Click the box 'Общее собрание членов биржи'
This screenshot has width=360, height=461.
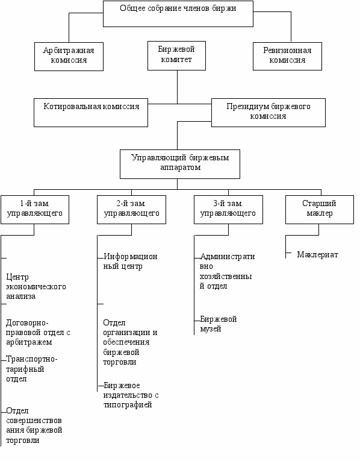(178, 14)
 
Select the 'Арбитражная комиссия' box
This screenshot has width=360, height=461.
(69, 57)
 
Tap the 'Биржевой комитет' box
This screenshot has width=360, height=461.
(176, 56)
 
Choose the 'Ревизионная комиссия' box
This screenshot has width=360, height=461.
(287, 56)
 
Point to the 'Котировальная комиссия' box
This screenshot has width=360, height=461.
(91, 113)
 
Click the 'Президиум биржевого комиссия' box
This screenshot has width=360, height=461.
(268, 113)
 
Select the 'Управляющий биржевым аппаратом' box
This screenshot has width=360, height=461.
(180, 164)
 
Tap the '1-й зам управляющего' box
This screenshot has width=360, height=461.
(35, 210)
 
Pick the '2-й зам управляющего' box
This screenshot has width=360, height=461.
(131, 210)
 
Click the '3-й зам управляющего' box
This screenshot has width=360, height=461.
(228, 210)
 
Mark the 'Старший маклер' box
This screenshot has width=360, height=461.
(320, 210)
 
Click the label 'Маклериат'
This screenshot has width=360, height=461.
(317, 255)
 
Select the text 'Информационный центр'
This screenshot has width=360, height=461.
(131, 262)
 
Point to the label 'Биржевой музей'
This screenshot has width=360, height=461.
(219, 324)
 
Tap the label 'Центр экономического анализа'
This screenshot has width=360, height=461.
(36, 287)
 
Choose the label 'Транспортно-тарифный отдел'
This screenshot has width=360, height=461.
(32, 369)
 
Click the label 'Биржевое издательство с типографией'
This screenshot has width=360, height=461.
(131, 395)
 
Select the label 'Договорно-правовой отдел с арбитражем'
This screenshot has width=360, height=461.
(38, 333)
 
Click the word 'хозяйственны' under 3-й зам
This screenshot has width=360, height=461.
(226, 277)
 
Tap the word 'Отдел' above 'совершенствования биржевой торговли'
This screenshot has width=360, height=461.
(17, 411)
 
